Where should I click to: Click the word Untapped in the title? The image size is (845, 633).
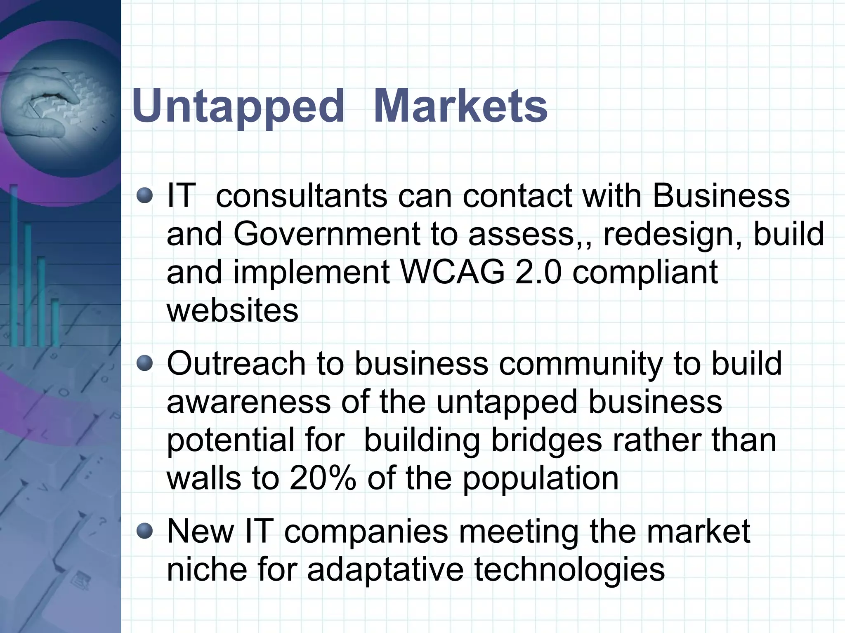click(238, 106)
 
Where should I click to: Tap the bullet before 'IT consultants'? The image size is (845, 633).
click(145, 195)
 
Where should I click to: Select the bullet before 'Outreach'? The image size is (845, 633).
click(145, 364)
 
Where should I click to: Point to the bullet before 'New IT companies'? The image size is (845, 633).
click(145, 531)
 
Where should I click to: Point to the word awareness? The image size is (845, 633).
click(248, 402)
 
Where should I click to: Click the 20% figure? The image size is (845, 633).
click(323, 479)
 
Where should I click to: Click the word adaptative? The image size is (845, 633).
click(386, 570)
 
